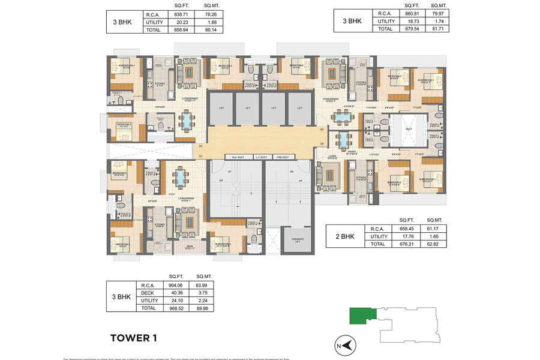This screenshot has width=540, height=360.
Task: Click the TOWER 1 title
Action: coord(133,338)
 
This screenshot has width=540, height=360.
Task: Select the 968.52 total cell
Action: coord(176,308)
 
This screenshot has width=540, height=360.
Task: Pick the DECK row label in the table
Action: coord(148,293)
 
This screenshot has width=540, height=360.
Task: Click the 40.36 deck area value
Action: coord(176,293)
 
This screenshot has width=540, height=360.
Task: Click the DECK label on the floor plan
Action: coord(190,245)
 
